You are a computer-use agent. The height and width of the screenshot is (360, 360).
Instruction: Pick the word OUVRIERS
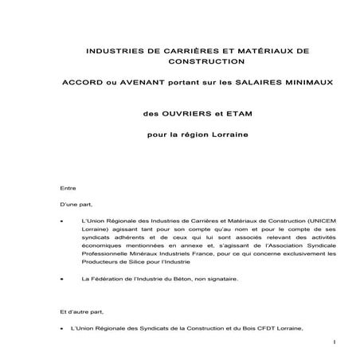181,115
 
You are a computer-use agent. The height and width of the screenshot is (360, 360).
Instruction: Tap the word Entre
68,188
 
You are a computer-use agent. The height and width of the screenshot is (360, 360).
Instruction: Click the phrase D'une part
76,204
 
